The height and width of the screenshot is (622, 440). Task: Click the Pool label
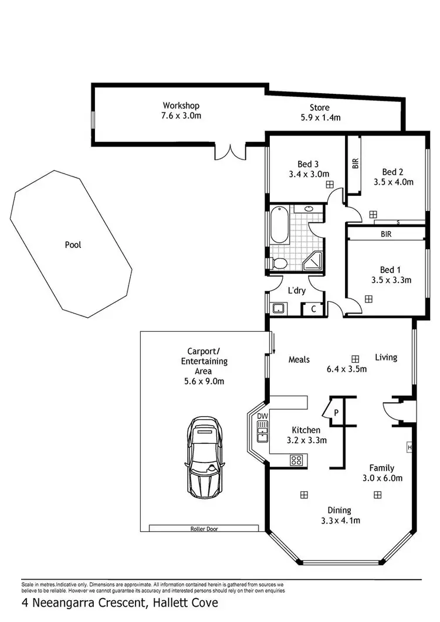point(73,245)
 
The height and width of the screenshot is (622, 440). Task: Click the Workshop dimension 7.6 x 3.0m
point(181,115)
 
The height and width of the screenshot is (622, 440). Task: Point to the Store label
point(320,108)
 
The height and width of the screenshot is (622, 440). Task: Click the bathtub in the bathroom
point(279,226)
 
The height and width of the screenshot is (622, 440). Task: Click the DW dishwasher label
point(262,416)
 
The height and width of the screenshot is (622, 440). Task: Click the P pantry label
point(336,412)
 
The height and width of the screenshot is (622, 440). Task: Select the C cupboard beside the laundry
point(313,309)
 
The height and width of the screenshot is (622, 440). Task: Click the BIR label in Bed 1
point(385,233)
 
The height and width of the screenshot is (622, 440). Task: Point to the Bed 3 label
point(308,164)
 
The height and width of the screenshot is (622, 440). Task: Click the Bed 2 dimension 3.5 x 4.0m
point(394,182)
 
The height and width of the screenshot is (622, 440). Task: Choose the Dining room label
point(340,510)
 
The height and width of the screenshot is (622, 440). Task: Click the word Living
point(386,357)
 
